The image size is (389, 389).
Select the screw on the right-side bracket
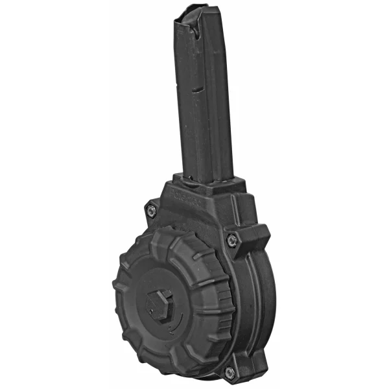(x=230, y=241)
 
